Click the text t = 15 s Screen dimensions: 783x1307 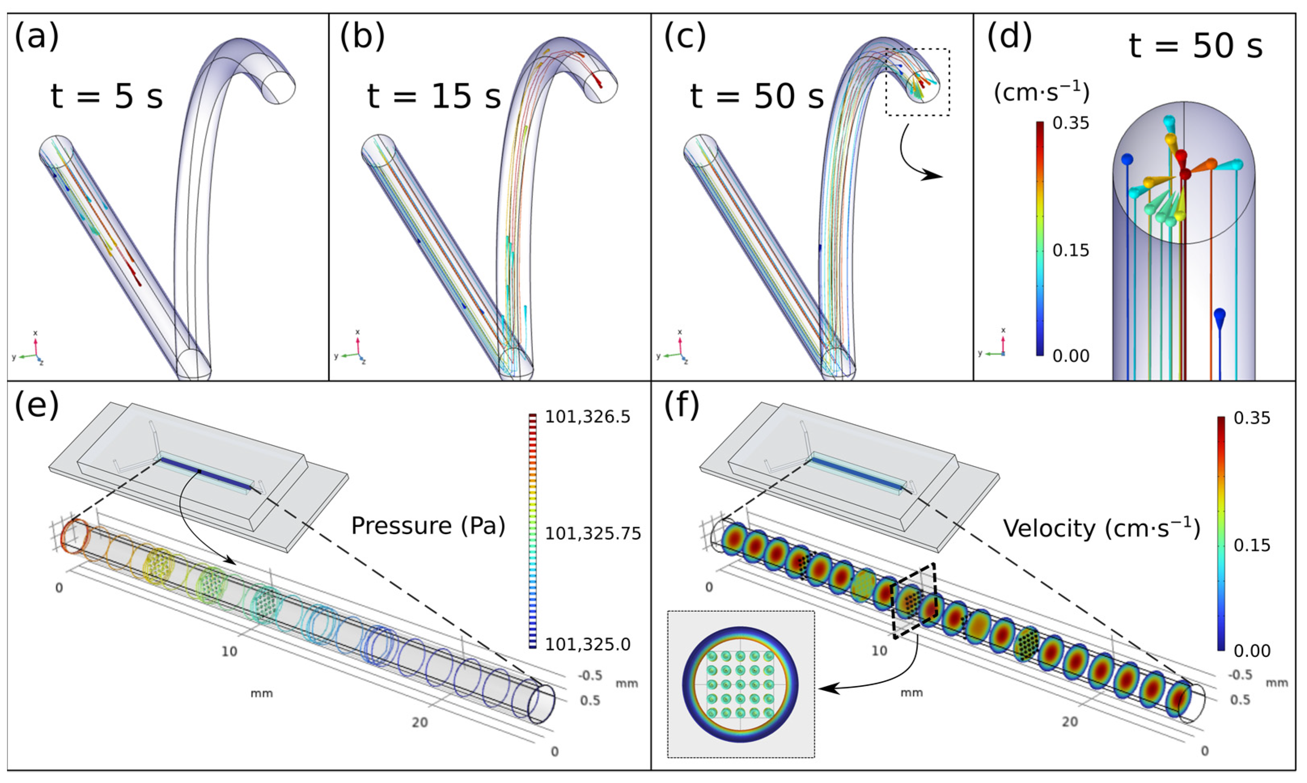click(x=434, y=97)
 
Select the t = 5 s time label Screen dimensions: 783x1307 click(x=107, y=97)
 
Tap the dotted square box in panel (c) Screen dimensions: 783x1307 click(x=917, y=82)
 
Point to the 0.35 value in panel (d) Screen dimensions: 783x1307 click(x=1070, y=123)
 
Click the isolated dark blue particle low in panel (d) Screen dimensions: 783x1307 click(x=1219, y=318)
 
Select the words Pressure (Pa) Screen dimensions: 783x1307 click(x=428, y=526)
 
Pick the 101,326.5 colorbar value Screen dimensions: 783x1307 click(x=587, y=417)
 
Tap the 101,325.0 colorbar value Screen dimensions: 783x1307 click(x=587, y=644)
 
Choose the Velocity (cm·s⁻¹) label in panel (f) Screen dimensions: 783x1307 click(x=1102, y=528)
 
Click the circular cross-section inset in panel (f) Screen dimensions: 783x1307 click(x=740, y=684)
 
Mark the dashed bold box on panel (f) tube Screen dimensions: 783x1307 click(x=915, y=601)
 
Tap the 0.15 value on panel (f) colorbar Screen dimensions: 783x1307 click(x=1252, y=545)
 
